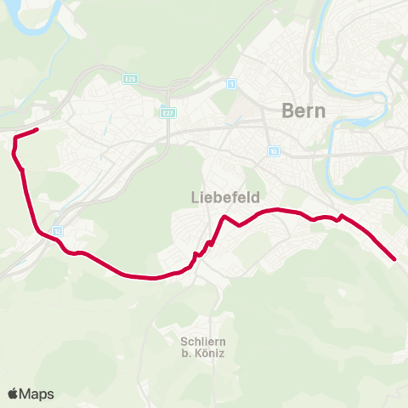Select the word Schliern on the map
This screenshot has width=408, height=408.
(x=201, y=342)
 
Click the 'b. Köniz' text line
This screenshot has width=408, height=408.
(x=201, y=354)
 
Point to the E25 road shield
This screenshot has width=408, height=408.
(x=130, y=79)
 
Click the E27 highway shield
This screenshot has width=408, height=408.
(x=167, y=111)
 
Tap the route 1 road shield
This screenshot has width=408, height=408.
(x=231, y=84)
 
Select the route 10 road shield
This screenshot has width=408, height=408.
(x=272, y=152)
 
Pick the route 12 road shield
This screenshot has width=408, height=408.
(x=57, y=230)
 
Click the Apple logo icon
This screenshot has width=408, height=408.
(x=14, y=394)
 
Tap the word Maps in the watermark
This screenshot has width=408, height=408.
(x=37, y=394)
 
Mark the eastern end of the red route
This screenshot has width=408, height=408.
(x=394, y=258)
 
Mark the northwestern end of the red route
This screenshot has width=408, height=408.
(x=37, y=129)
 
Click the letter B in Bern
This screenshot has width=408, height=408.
(x=286, y=110)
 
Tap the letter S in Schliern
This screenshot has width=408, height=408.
(x=184, y=342)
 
